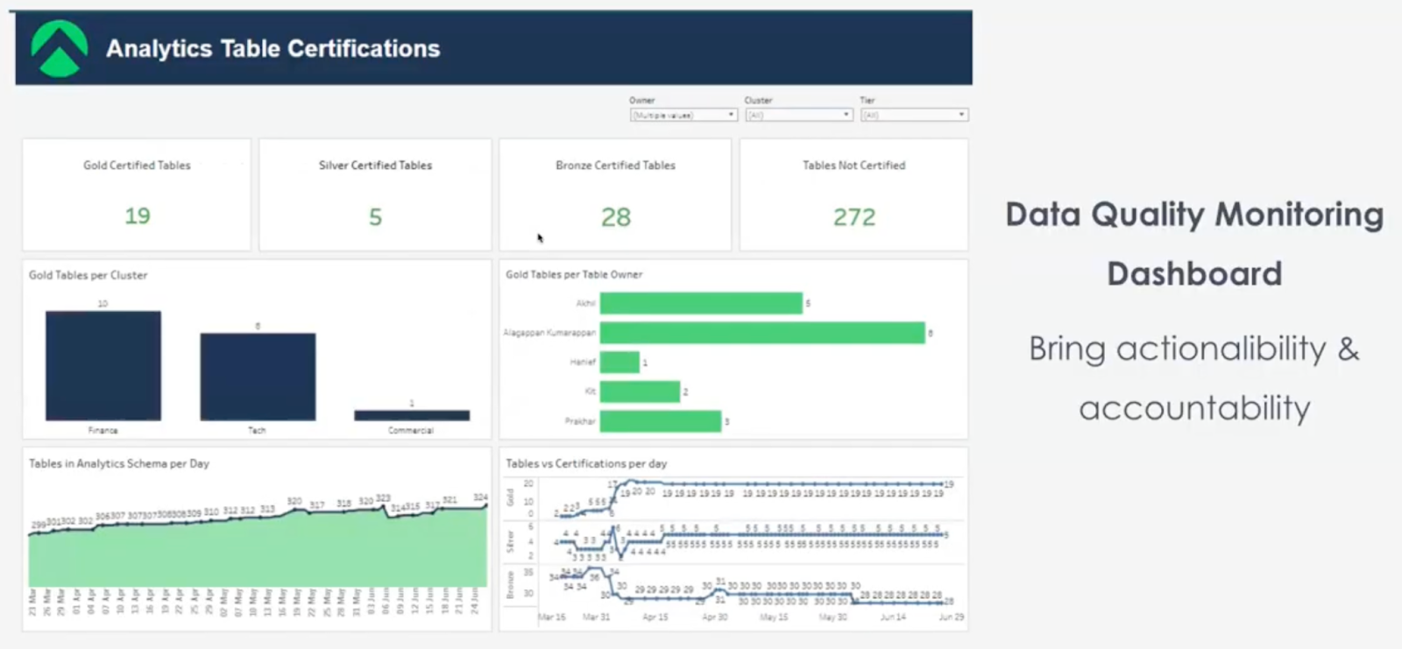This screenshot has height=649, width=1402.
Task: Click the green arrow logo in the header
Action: (59, 48)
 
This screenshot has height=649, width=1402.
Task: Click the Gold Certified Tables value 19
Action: (138, 216)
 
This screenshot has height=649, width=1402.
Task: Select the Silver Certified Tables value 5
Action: (375, 217)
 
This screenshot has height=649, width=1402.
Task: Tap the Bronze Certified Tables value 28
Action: (616, 217)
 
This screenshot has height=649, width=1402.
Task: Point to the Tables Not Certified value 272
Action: (854, 217)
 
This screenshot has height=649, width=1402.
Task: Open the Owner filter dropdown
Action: (683, 115)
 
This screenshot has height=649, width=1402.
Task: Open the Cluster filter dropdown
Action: (798, 115)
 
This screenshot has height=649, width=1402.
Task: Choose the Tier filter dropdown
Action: (914, 115)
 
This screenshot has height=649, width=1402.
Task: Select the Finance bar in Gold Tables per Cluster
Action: (103, 365)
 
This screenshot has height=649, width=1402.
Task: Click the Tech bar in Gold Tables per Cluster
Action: (258, 377)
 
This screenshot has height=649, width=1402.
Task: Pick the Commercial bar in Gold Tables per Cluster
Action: (412, 415)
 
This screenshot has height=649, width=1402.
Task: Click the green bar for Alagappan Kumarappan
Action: (762, 333)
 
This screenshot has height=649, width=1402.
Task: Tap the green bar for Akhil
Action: (701, 303)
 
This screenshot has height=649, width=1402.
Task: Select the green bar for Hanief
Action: (620, 362)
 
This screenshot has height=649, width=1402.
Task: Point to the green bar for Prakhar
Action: (661, 421)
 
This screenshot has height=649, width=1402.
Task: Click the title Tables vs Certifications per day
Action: (586, 463)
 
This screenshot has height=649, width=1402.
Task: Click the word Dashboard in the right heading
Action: (1194, 274)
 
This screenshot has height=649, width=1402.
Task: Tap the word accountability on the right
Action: (1194, 408)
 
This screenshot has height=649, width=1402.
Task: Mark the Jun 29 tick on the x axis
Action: (951, 617)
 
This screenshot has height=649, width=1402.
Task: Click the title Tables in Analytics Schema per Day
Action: (119, 463)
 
